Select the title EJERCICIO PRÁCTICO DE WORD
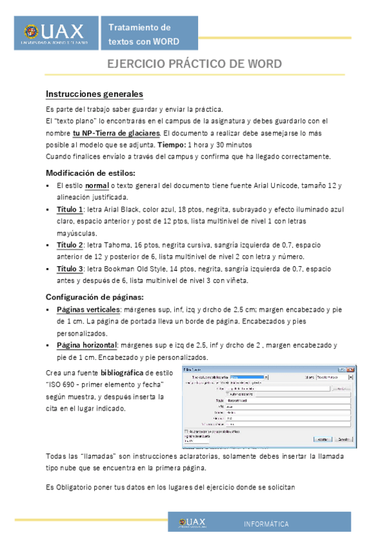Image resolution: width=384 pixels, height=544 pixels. [x=194, y=65]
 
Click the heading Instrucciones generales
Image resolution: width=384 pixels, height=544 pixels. [x=94, y=94]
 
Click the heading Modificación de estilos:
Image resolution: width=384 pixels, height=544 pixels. [x=90, y=173]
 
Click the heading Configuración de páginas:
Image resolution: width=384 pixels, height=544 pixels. [x=94, y=297]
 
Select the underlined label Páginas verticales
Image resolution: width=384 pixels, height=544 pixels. [x=89, y=310]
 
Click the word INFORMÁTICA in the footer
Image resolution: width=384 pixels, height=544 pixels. [x=266, y=525]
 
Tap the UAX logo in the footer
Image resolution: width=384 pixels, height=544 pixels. [x=193, y=523]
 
